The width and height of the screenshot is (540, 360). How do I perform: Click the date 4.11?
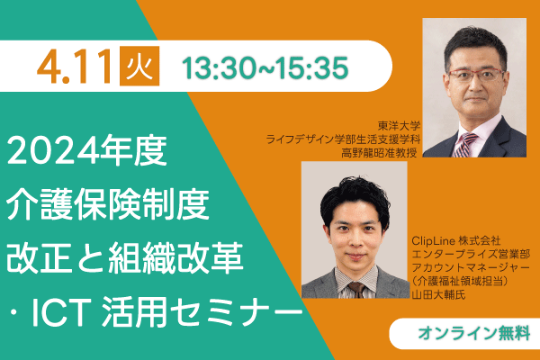75,67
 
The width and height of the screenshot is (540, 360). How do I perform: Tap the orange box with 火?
139,66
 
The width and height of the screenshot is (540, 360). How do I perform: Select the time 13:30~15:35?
265,67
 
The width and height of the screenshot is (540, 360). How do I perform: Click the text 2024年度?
86,150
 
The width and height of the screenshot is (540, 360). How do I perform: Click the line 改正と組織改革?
125,257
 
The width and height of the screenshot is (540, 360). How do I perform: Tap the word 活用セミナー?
202,311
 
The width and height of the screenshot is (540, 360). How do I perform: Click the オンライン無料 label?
474,333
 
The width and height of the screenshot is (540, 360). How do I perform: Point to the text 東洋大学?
399,126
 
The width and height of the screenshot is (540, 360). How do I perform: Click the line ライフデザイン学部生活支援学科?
343,139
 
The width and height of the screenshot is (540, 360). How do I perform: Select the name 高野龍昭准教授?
379,152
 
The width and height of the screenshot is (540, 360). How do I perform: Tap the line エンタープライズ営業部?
471,254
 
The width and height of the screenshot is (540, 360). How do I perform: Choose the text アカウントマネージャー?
471,267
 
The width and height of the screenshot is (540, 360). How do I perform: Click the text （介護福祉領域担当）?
460,281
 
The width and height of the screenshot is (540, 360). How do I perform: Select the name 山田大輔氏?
438,295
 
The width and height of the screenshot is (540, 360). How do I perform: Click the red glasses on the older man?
476,75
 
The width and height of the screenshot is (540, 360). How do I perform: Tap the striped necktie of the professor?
465,145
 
